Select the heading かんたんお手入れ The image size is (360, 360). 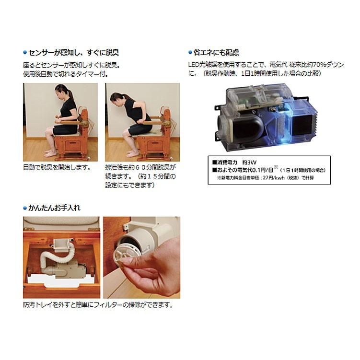(54, 208)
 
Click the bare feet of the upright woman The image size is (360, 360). (50, 153)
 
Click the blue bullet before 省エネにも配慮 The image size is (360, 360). (190, 53)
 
